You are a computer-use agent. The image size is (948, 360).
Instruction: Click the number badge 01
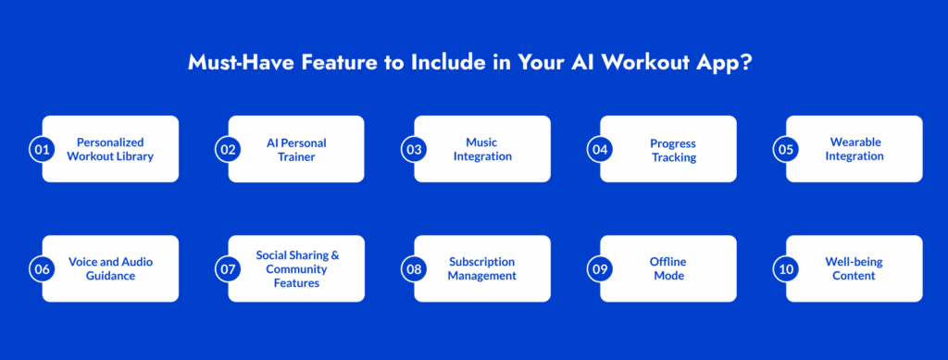(42, 150)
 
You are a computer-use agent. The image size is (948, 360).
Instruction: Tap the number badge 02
(228, 150)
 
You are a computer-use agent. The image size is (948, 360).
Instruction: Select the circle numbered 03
(414, 150)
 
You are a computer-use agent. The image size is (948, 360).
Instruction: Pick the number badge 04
(600, 150)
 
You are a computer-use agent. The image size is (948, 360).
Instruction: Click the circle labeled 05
(786, 150)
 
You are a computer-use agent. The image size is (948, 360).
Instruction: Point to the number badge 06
(42, 269)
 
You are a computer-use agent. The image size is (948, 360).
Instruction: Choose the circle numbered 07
(228, 269)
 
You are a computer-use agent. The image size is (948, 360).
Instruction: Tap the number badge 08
(414, 269)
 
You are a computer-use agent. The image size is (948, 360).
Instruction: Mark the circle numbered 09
(600, 269)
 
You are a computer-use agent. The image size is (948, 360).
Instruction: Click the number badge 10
(786, 269)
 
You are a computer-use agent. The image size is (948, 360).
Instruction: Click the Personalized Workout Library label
(110, 150)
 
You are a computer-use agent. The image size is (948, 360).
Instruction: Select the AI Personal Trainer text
(296, 150)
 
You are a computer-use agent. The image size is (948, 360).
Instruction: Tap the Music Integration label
(481, 149)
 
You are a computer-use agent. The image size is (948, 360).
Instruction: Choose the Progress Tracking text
(674, 151)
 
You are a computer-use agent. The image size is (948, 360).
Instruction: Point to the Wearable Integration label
(855, 149)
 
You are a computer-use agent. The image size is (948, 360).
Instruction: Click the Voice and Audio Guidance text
(111, 268)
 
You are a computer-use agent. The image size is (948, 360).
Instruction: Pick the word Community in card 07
(296, 268)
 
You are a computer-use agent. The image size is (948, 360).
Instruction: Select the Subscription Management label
(481, 268)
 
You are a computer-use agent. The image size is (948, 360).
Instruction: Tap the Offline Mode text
(668, 268)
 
